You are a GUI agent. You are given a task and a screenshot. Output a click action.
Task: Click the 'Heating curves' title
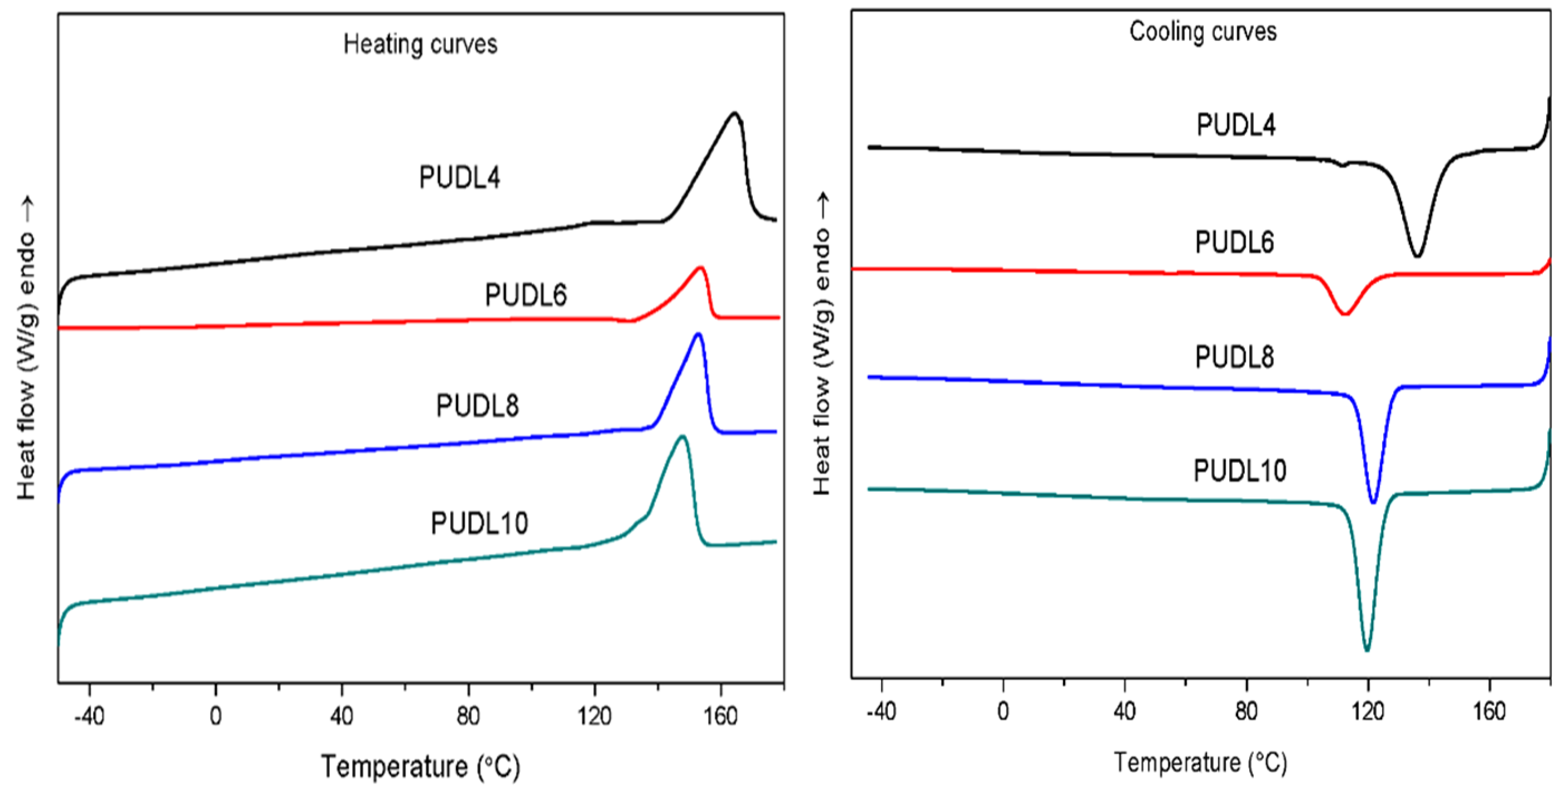(420, 44)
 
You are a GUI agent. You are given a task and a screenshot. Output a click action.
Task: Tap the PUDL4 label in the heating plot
(460, 178)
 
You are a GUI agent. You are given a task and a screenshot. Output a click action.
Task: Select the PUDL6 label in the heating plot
(525, 295)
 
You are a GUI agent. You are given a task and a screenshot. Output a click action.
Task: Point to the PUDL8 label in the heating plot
(477, 405)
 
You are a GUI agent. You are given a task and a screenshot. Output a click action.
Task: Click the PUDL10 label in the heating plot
(479, 523)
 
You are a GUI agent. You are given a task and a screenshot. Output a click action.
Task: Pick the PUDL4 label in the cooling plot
(1235, 125)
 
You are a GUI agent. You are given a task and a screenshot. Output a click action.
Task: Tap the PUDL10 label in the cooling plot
(1240, 471)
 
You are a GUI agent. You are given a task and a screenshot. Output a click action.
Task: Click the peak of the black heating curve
(735, 114)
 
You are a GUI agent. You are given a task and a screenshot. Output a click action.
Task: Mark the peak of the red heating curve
(701, 268)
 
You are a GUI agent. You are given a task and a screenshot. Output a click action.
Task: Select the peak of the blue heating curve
(698, 335)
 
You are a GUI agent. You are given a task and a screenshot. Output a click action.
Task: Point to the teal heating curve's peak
(683, 437)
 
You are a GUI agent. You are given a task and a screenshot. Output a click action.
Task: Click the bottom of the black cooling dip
(1418, 255)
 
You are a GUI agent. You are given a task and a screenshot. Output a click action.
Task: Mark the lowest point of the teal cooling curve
(1366, 651)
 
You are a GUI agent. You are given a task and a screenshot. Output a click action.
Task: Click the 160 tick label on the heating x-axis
(720, 716)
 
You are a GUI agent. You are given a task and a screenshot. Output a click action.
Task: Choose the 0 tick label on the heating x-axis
(215, 716)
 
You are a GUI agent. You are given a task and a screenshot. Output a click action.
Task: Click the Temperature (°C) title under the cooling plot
(1200, 762)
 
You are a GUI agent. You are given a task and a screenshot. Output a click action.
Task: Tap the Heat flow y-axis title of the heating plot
(26, 349)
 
